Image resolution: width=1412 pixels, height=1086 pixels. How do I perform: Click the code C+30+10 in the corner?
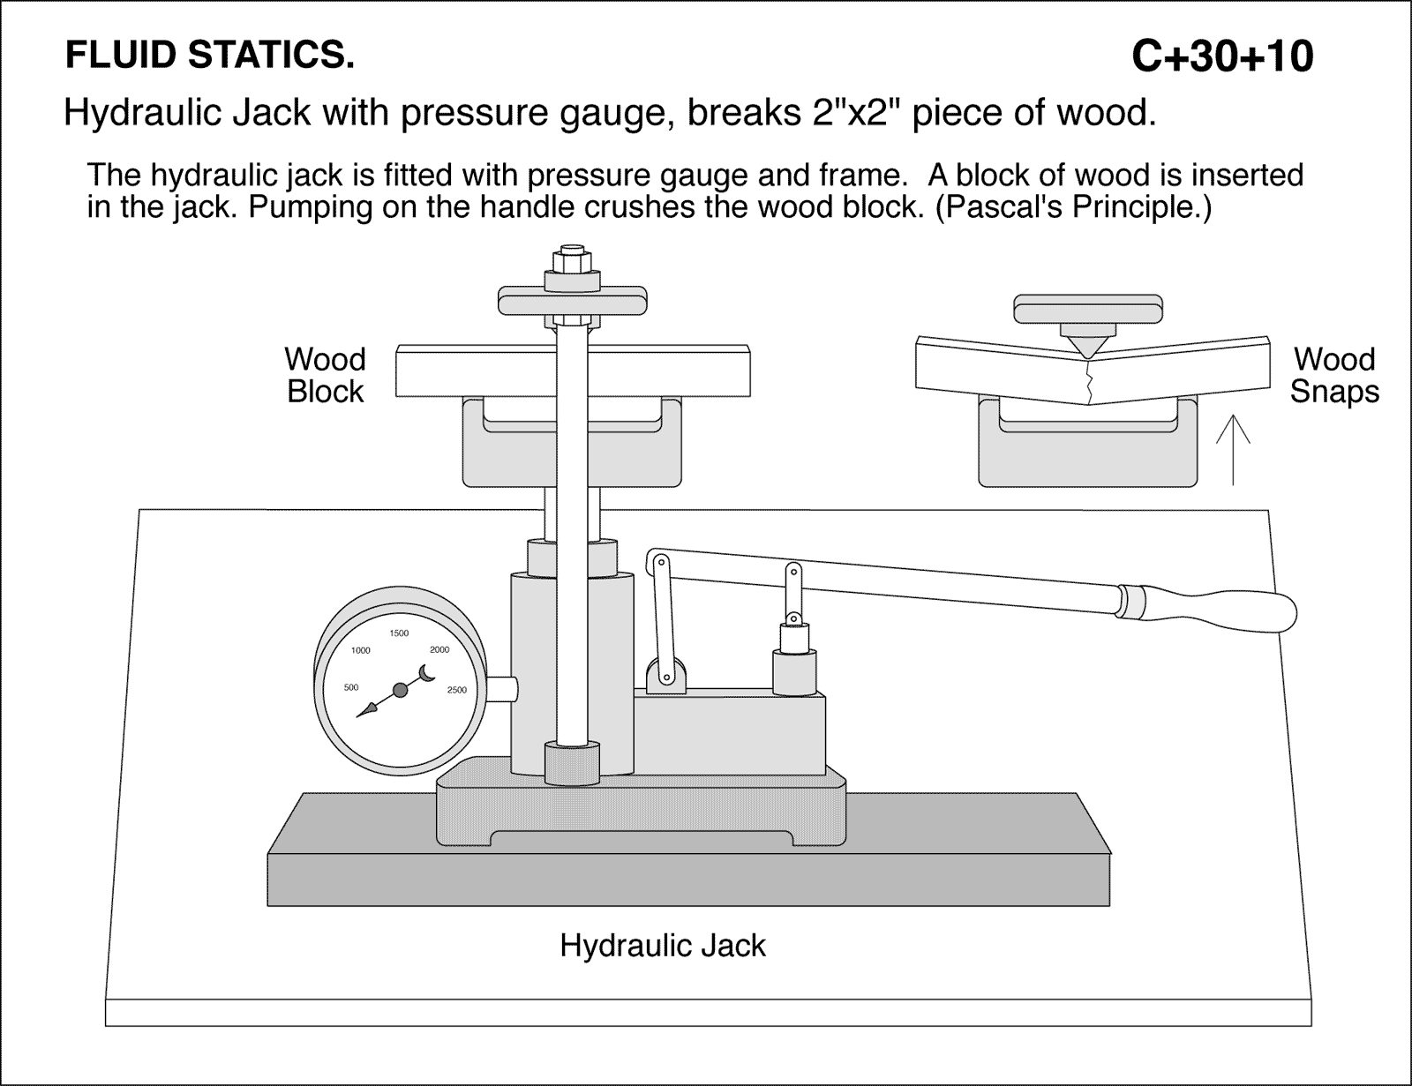point(1221,56)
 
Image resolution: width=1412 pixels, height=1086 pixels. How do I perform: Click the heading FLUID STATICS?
point(210,56)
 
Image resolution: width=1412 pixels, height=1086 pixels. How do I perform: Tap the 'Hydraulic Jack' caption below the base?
point(662,946)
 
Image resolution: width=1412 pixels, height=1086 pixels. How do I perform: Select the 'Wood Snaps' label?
point(1333,375)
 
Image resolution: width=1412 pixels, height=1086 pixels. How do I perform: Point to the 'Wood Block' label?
point(325,375)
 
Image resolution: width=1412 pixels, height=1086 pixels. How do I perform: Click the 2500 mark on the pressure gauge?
point(457,690)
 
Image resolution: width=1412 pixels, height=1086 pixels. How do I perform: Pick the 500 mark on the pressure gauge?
point(350,687)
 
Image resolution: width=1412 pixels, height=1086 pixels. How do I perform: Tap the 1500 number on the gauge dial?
point(399,633)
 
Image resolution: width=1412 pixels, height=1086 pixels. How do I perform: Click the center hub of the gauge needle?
point(400,690)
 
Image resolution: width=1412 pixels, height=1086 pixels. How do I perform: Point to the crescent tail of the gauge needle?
point(427,672)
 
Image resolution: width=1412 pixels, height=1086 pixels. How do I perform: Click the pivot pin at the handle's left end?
point(657,560)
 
